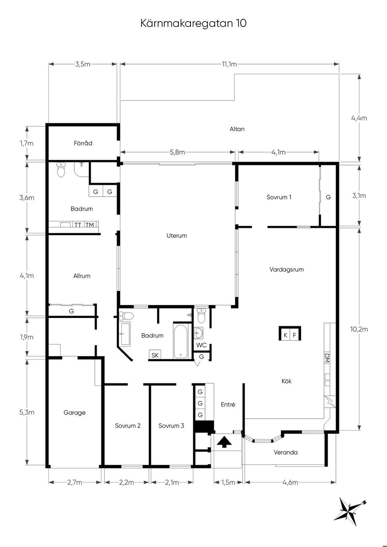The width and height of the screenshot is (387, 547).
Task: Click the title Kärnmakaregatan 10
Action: pyautogui.click(x=193, y=23)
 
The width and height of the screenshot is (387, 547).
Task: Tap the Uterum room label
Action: pyautogui.click(x=176, y=236)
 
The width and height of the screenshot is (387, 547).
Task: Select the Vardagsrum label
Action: pyautogui.click(x=286, y=270)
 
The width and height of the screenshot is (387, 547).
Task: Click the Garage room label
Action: pyautogui.click(x=74, y=413)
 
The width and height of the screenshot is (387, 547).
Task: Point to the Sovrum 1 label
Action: pyautogui.click(x=279, y=197)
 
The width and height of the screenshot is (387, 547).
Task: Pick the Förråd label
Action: pyautogui.click(x=83, y=143)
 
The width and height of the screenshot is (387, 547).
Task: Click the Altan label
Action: pyautogui.click(x=237, y=129)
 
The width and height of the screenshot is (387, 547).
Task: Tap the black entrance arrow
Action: pyautogui.click(x=224, y=442)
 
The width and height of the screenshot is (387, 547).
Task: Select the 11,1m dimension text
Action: pyautogui.click(x=229, y=64)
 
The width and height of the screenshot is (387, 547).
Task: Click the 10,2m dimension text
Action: pyautogui.click(x=359, y=329)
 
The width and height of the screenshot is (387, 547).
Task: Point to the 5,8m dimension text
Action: pyautogui.click(x=177, y=153)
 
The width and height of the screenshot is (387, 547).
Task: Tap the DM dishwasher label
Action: pyautogui.click(x=327, y=358)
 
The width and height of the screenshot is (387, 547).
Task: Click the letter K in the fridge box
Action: pyautogui.click(x=285, y=335)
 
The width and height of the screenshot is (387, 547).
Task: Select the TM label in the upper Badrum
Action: pyautogui.click(x=90, y=225)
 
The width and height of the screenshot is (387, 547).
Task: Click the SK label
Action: pyautogui.click(x=155, y=355)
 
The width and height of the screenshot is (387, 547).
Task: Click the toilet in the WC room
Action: pyautogui.click(x=201, y=316)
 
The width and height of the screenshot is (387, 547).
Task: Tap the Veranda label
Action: pyautogui.click(x=286, y=453)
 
